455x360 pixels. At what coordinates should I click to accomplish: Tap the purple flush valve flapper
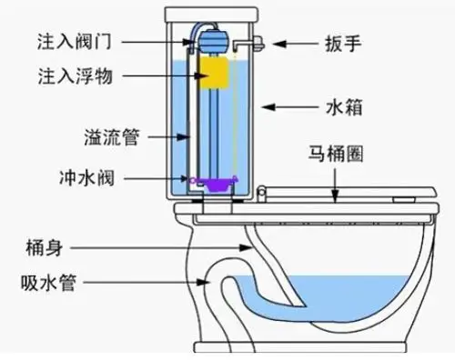pyautogui.click(x=217, y=184)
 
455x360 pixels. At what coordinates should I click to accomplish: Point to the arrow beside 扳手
pyautogui.click(x=291, y=43)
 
